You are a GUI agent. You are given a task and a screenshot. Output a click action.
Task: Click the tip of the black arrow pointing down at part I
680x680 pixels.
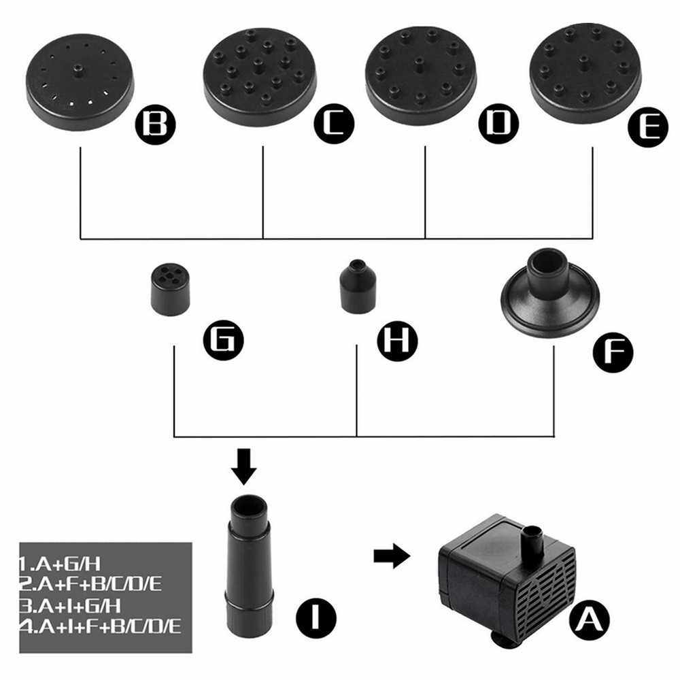point(243,485)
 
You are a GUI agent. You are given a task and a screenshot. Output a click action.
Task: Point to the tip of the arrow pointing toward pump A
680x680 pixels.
point(410,556)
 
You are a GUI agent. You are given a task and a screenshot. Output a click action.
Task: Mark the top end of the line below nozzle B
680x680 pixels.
point(81,148)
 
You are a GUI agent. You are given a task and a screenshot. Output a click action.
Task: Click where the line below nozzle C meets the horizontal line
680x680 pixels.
point(262,238)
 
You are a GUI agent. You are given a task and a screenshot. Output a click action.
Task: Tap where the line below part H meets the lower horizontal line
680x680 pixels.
point(356,437)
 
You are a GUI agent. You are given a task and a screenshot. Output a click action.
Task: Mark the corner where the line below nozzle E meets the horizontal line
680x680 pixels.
point(592,238)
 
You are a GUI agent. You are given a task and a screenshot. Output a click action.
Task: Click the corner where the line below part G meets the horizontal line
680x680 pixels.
point(174,437)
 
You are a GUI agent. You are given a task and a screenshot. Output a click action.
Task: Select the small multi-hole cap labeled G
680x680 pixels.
point(171,289)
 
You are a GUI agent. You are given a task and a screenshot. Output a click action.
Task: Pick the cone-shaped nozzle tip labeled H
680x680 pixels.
point(358,286)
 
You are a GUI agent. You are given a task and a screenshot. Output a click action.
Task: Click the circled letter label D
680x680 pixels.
point(498,124)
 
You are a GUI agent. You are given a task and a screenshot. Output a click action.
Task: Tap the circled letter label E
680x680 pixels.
point(648,126)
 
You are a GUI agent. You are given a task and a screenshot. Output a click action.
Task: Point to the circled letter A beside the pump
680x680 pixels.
point(590,619)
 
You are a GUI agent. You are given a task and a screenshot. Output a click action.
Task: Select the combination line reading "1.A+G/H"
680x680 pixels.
point(60,564)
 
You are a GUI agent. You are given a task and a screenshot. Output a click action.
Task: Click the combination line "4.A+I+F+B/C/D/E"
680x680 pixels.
point(100,627)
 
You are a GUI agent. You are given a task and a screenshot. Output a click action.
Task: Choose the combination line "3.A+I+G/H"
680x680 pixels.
point(70,606)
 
